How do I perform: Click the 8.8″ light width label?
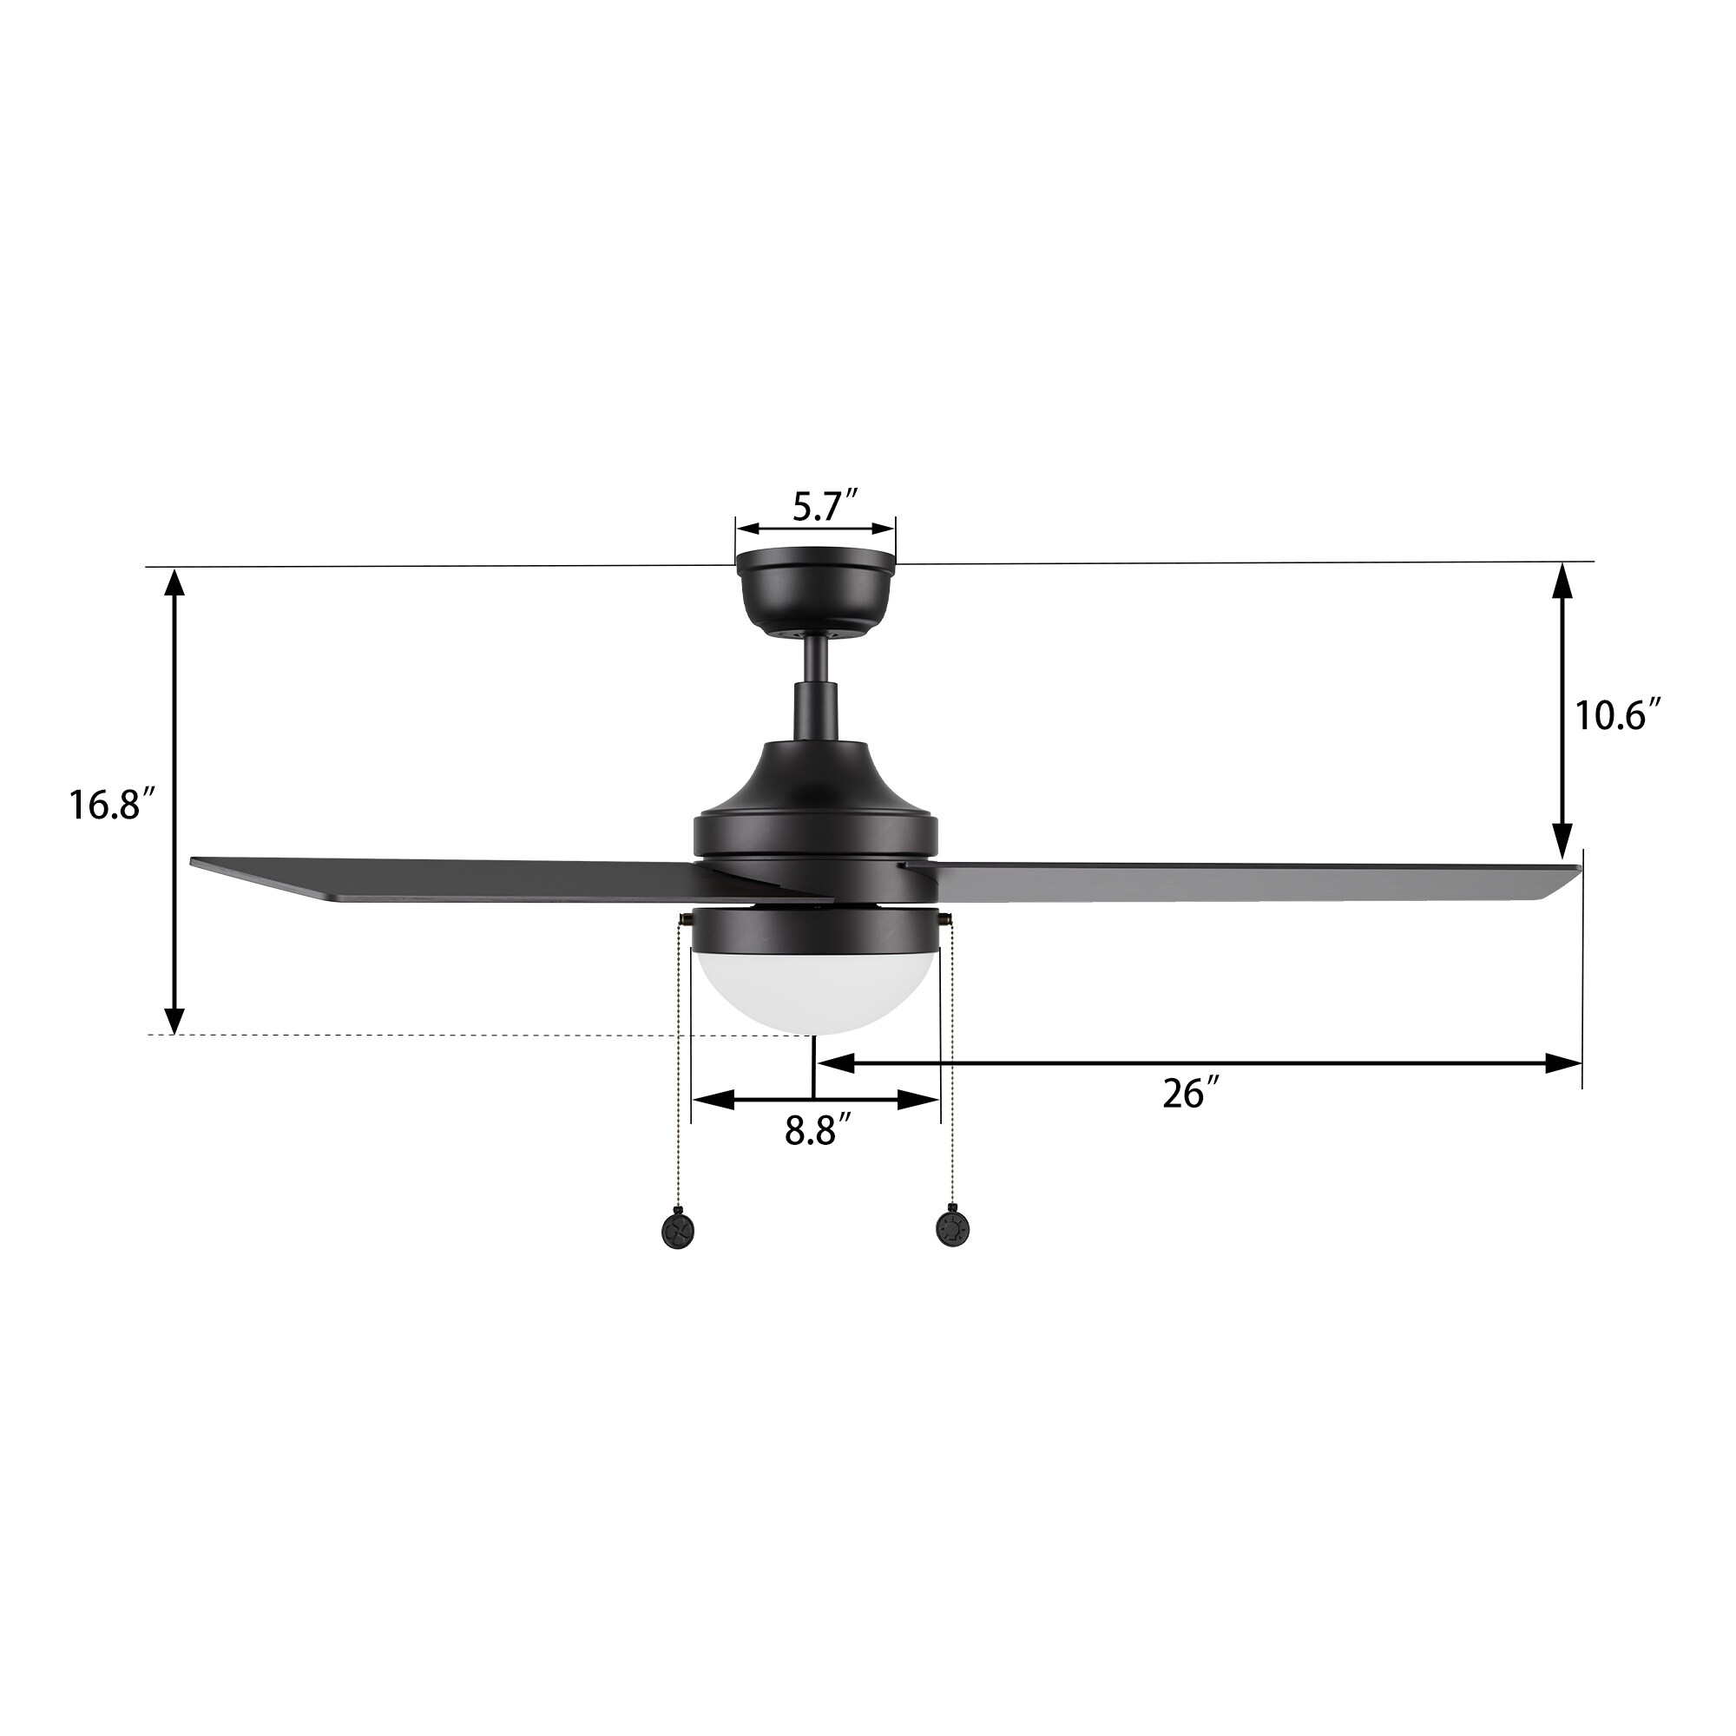pyautogui.click(x=817, y=1131)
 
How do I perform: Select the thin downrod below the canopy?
pyautogui.click(x=815, y=669)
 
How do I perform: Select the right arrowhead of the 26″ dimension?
pyautogui.click(x=1563, y=1064)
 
